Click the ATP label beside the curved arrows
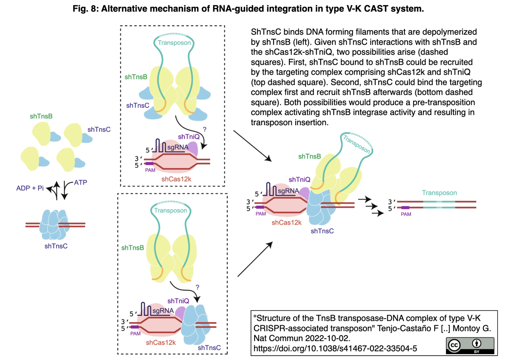(81, 183)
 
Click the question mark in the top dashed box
(204, 129)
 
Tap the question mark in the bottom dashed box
(197, 287)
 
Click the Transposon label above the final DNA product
(439, 193)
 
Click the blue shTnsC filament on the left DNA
(55, 226)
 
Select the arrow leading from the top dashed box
(252, 146)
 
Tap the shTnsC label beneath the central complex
(322, 231)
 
